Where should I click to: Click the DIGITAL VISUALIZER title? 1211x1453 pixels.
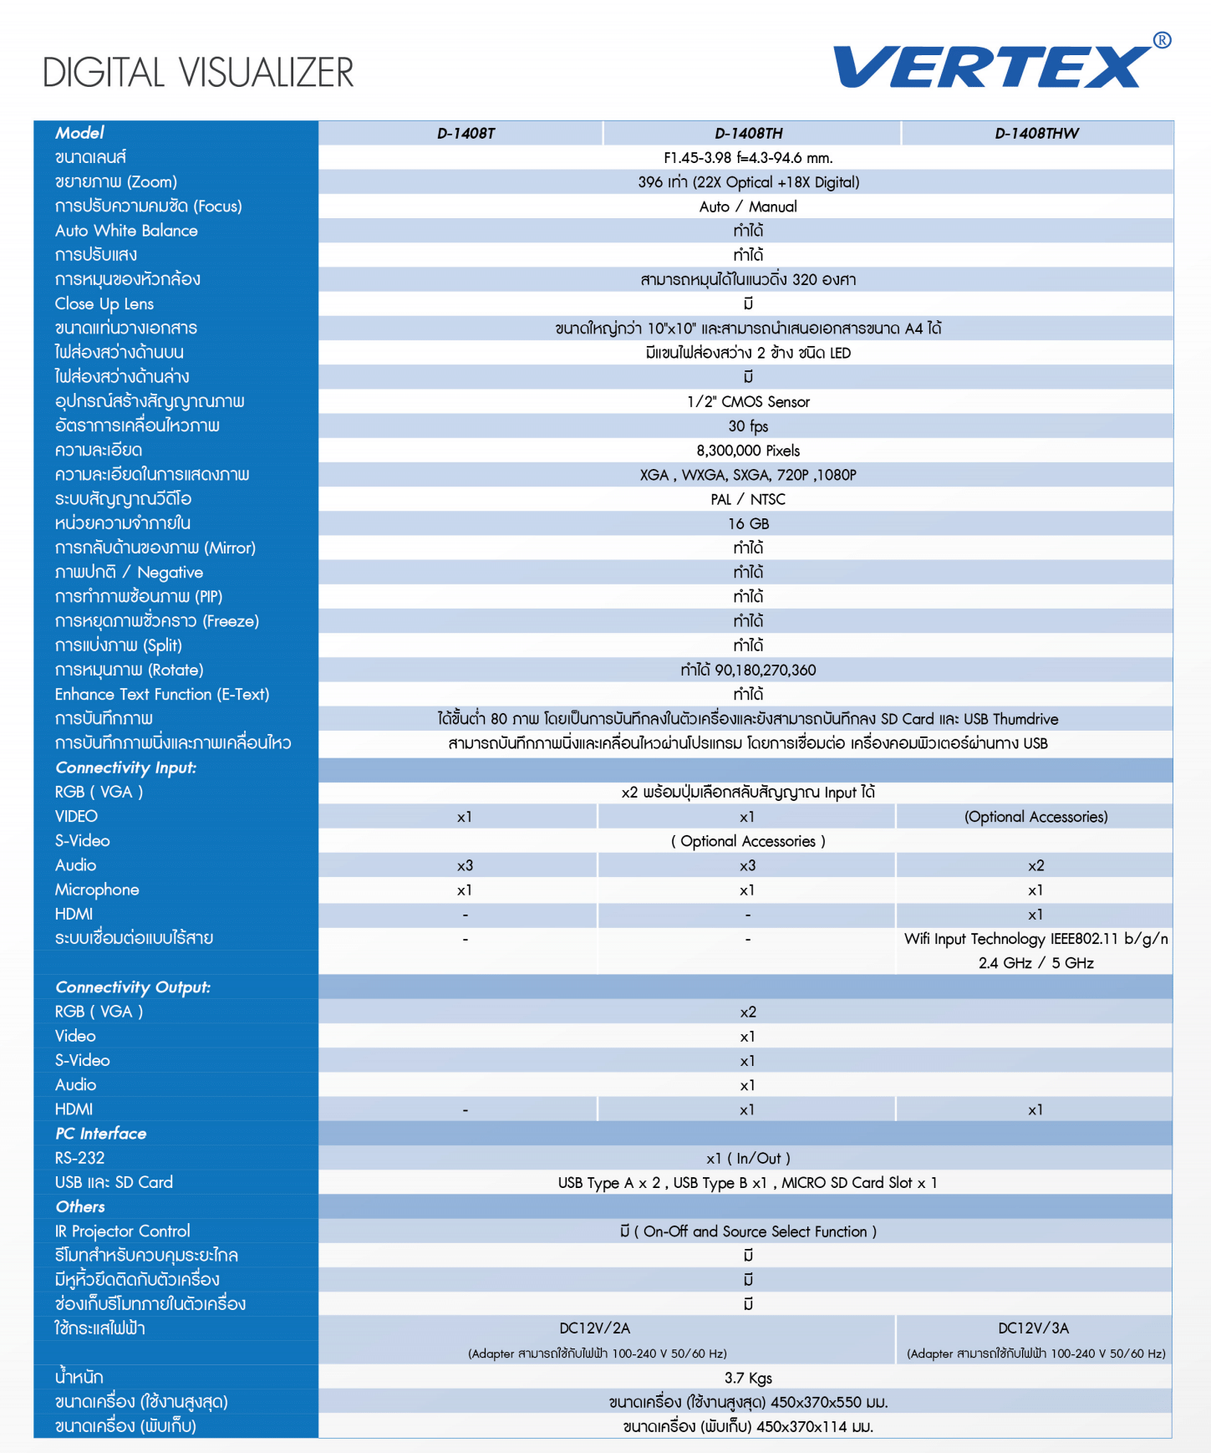[x=198, y=73]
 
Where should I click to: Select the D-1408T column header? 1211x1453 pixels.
[x=466, y=134]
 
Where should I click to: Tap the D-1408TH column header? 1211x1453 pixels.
[x=748, y=134]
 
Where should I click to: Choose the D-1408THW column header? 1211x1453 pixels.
[x=1036, y=134]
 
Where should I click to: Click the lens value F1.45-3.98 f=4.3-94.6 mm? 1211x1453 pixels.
[x=748, y=158]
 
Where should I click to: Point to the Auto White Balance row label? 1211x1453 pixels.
[x=126, y=231]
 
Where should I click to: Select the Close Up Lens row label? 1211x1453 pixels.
[x=104, y=304]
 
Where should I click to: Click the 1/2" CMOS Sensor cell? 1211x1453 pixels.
[x=748, y=402]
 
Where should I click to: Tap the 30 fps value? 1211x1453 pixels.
[x=748, y=426]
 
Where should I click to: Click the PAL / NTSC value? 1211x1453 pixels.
[x=748, y=500]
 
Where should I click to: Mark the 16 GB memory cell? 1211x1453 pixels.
[x=748, y=524]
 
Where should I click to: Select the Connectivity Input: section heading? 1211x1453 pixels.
[x=126, y=767]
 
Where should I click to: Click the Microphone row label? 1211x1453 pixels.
[x=97, y=890]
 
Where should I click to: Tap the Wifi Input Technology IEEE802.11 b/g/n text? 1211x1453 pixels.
[x=1035, y=939]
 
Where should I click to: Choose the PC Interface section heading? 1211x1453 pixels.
[x=101, y=1134]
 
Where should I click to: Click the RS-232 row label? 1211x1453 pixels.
[x=80, y=1158]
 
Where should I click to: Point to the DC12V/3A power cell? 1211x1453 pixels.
[x=1034, y=1328]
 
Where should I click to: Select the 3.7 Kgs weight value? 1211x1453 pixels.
[x=748, y=1378]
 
